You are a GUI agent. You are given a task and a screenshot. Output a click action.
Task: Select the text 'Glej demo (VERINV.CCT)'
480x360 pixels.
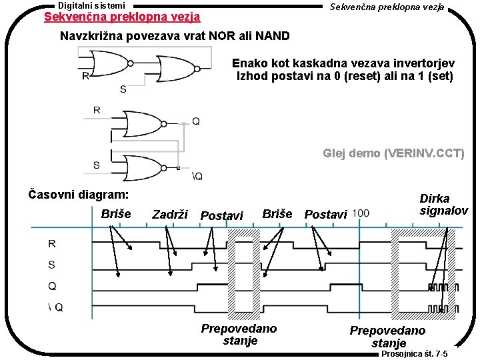393,153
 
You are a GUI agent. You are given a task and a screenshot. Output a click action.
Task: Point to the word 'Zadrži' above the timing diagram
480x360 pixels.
170,215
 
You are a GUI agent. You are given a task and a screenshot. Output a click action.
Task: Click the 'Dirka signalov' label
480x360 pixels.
443,205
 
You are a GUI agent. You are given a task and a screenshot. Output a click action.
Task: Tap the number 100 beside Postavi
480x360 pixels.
361,213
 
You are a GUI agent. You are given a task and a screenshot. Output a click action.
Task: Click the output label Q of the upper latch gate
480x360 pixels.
195,121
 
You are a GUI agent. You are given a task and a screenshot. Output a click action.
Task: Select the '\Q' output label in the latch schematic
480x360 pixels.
197,177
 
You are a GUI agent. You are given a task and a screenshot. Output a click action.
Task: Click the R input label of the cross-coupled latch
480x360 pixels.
97,110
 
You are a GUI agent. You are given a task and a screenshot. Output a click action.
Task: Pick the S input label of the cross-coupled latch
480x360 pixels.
97,165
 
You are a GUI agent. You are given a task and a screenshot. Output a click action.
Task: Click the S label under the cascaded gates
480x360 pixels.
123,89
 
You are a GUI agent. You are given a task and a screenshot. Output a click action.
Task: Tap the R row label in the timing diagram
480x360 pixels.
52,243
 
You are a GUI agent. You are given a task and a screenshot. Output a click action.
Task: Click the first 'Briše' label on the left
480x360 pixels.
116,214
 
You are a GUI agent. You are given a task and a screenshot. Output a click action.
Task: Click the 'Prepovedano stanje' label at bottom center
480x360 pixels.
239,335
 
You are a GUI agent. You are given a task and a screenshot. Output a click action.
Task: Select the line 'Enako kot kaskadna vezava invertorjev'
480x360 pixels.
343,63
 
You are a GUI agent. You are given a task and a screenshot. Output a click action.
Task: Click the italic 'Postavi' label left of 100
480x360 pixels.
325,215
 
